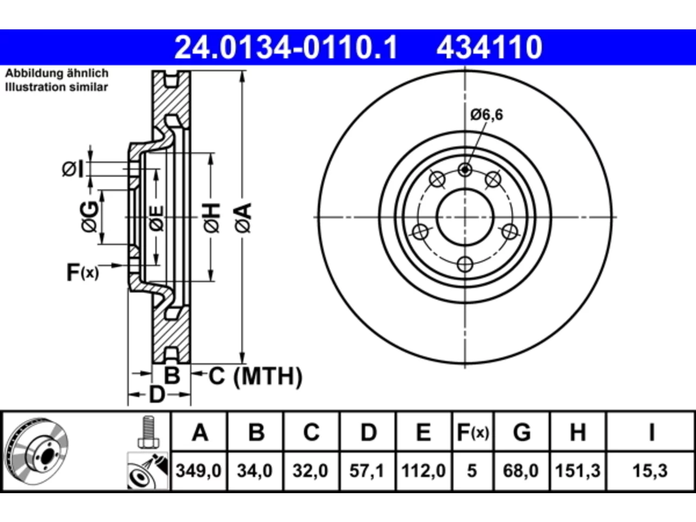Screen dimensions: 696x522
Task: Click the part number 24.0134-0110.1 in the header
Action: click(285, 47)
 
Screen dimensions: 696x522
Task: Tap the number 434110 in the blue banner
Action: click(489, 47)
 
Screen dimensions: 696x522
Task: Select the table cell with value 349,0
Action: click(198, 471)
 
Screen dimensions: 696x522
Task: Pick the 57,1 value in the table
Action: click(367, 471)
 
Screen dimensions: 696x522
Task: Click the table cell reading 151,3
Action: click(577, 471)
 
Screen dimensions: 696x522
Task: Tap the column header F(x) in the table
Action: click(473, 432)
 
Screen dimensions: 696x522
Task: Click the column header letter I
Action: click(651, 432)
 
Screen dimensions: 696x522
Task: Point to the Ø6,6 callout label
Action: click(487, 115)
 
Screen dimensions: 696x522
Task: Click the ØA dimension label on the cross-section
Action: click(244, 218)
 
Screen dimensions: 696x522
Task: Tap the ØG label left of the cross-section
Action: click(89, 216)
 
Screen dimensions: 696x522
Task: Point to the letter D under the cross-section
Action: click(157, 395)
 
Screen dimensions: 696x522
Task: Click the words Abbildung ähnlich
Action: click(57, 73)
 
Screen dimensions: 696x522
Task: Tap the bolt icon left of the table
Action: click(148, 432)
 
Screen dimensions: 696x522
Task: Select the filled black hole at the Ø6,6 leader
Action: click(465, 170)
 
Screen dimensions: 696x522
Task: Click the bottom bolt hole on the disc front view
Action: click(465, 264)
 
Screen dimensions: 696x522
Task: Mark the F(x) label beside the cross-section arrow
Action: click(83, 272)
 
